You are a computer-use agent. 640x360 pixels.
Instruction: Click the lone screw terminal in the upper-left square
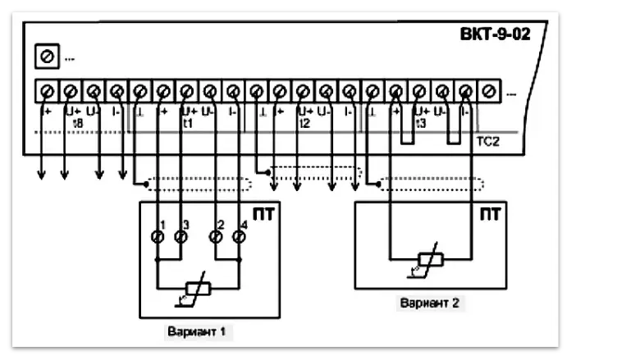[x=47, y=57]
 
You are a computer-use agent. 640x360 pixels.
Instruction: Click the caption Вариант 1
[x=199, y=332]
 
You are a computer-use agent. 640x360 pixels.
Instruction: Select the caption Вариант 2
[x=429, y=303]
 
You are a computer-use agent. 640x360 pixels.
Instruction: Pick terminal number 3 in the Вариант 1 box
[x=181, y=238]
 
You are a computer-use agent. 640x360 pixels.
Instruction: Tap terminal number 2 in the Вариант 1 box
[x=216, y=238]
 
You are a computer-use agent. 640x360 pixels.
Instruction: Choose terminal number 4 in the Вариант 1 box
[x=239, y=238]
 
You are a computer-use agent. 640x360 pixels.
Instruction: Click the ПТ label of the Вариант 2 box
[x=489, y=215]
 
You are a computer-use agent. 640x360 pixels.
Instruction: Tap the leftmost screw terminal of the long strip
[x=47, y=90]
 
